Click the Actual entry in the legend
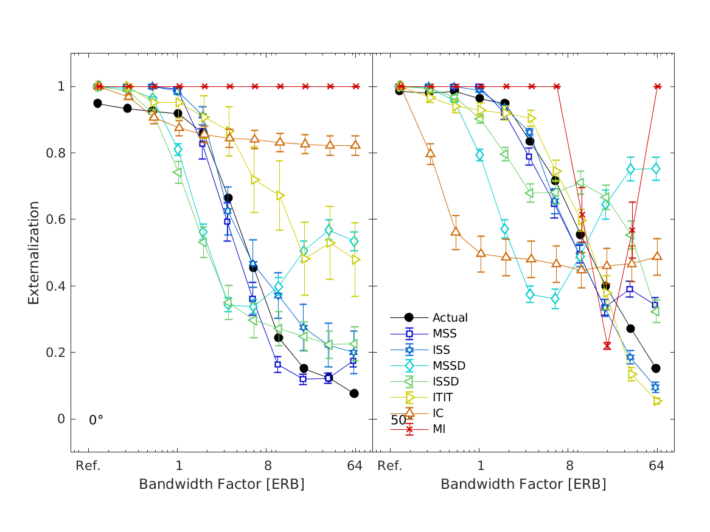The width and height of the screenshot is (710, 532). [450, 317]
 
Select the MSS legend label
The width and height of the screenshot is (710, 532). [444, 333]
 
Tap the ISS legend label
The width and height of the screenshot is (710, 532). [442, 350]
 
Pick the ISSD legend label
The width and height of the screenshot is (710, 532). [446, 382]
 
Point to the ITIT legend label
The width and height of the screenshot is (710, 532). [443, 398]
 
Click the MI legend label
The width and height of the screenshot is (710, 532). [439, 429]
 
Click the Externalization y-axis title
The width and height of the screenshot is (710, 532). [34, 252]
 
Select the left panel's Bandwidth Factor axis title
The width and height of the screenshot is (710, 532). [221, 485]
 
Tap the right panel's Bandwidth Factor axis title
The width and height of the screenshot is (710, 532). [523, 485]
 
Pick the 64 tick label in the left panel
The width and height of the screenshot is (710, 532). [355, 466]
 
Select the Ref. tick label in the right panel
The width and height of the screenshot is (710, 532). [389, 466]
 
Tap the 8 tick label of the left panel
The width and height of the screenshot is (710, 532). [268, 466]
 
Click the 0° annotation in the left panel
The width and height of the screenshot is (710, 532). [96, 420]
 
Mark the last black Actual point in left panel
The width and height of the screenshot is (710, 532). [354, 393]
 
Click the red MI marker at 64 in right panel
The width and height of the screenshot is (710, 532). [657, 86]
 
